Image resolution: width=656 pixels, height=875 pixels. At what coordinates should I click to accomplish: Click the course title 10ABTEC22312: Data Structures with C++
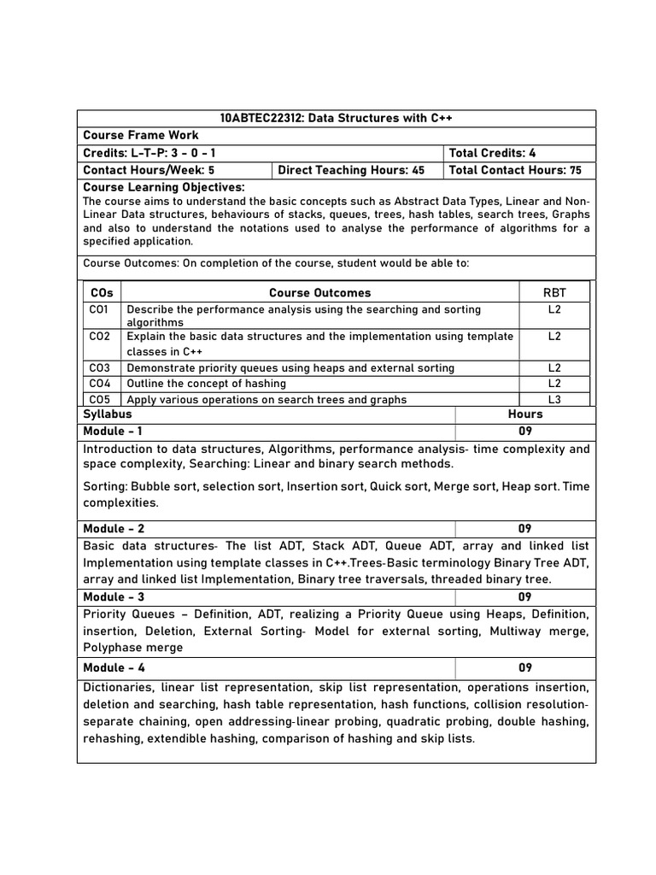[x=336, y=119]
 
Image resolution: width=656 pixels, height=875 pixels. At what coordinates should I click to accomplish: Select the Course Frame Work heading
[x=141, y=135]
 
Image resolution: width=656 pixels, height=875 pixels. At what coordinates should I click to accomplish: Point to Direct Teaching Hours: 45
[x=351, y=170]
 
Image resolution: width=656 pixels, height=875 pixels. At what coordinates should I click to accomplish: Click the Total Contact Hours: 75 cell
[x=515, y=170]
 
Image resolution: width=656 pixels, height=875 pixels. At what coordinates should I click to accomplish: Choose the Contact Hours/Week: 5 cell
[x=149, y=170]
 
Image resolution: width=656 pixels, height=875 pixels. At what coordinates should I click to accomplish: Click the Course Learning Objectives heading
[x=164, y=187]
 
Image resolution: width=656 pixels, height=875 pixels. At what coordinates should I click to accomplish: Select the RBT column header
[x=554, y=292]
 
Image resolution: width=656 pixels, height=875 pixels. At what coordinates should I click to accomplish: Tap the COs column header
[x=101, y=292]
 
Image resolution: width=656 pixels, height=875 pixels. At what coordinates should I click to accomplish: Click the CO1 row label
[x=100, y=309]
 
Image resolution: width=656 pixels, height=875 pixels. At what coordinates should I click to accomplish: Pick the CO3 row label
[x=100, y=367]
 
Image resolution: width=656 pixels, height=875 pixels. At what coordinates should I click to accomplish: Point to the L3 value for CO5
[x=554, y=399]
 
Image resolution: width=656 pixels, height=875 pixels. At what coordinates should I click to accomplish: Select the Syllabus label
[x=108, y=414]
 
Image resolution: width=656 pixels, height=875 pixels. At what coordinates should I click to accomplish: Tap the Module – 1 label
[x=113, y=431]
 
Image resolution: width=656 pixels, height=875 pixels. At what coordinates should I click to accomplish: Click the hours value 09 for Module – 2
[x=524, y=528]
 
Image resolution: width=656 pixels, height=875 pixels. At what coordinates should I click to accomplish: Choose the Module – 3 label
[x=114, y=596]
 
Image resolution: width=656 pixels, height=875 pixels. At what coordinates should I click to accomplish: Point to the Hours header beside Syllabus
[x=524, y=414]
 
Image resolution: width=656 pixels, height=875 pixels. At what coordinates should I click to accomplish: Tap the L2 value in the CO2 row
[x=554, y=336]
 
